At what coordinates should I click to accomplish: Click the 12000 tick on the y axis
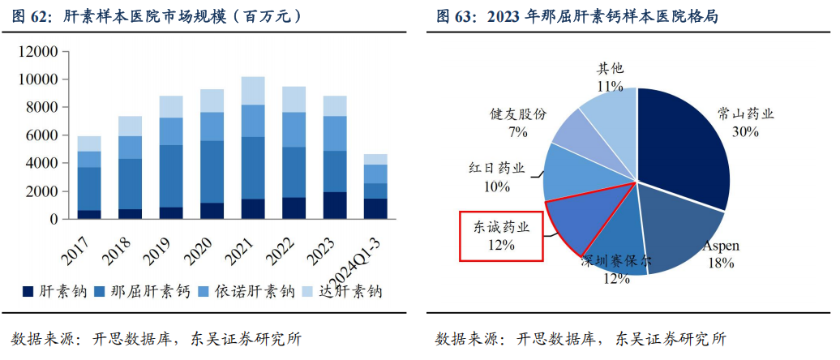[39, 52]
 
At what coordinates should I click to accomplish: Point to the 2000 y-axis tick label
[42, 191]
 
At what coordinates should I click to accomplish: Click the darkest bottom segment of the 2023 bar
[334, 205]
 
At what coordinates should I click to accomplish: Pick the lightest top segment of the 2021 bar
[253, 91]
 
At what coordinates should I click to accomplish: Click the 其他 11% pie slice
[608, 118]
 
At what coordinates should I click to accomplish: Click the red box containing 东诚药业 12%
[501, 236]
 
